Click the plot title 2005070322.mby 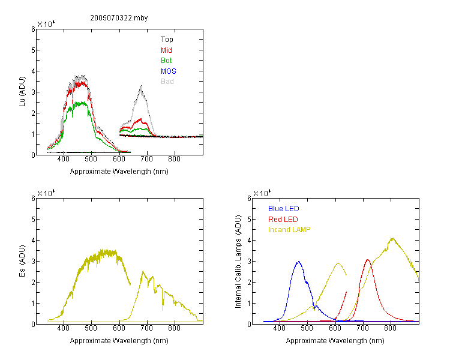[x=119, y=18]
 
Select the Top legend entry [x=167, y=40]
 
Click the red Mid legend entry [x=166, y=50]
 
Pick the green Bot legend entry [x=166, y=61]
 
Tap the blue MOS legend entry [x=169, y=71]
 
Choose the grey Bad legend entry [x=167, y=82]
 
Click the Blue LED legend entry [x=284, y=209]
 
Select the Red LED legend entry [x=283, y=220]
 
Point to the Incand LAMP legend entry [x=289, y=230]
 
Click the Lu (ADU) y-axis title [x=22, y=92]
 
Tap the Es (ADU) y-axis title [x=22, y=261]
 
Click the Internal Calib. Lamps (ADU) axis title [x=238, y=262]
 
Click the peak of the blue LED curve [x=299, y=262]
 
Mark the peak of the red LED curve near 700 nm [x=368, y=260]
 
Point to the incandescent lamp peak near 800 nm [x=392, y=238]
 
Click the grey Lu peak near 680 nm [x=141, y=86]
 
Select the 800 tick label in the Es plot [x=174, y=328]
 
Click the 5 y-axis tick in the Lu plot [x=33, y=50]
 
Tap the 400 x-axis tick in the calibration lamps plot [x=280, y=328]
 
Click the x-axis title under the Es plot [x=119, y=341]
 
